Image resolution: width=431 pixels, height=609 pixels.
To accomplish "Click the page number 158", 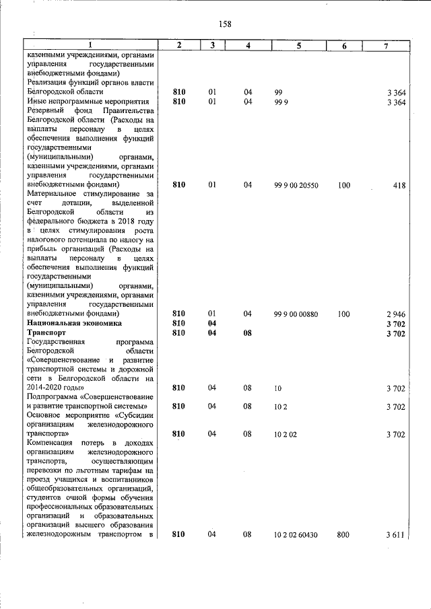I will (225, 24).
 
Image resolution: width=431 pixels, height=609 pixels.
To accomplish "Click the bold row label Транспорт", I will (46, 332).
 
